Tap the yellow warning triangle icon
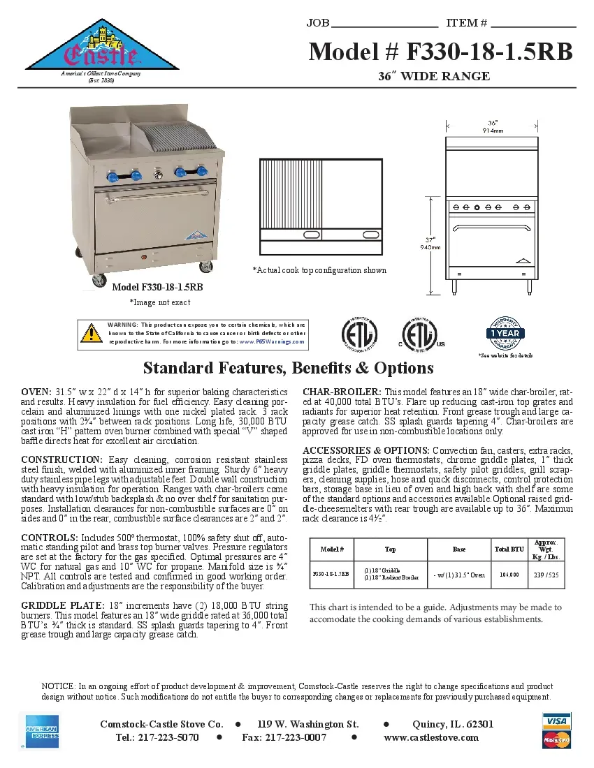(x=92, y=333)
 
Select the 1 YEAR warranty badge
(x=504, y=333)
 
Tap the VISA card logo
(x=556, y=720)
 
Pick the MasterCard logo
(x=556, y=739)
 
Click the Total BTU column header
(x=509, y=549)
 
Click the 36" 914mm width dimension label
(x=493, y=126)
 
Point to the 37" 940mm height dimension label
(x=431, y=243)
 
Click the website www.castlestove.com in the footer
(x=431, y=737)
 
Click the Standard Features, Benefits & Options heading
(x=288, y=368)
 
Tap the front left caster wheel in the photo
(x=96, y=281)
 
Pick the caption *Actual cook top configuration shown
(x=319, y=270)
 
